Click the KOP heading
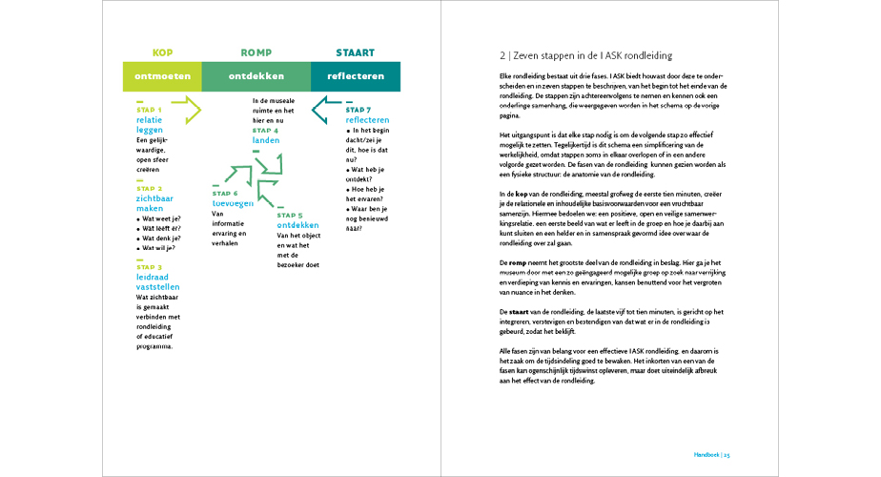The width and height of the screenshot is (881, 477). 162,53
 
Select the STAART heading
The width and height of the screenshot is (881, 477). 356,53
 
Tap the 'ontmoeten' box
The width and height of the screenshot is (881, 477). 163,76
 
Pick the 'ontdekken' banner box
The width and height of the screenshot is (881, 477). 257,76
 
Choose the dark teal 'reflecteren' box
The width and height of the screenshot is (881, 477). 356,76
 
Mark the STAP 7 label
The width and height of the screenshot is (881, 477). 359,110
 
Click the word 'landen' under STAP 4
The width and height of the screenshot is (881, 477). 266,140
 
